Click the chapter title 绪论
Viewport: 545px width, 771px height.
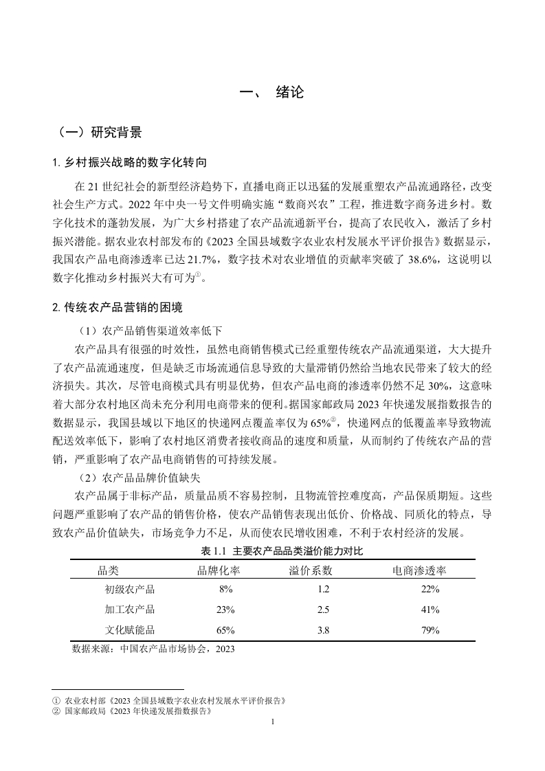pyautogui.click(x=289, y=92)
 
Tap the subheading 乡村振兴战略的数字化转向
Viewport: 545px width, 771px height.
pyautogui.click(x=134, y=163)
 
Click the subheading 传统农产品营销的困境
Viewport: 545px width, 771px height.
pyautogui.click(x=123, y=307)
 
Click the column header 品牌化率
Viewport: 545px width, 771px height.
pyautogui.click(x=219, y=570)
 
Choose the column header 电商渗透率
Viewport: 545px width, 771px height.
pyautogui.click(x=419, y=570)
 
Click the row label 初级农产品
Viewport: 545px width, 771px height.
pyautogui.click(x=130, y=590)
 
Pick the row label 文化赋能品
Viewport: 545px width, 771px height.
pyautogui.click(x=130, y=629)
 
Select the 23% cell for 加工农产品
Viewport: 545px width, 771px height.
pyautogui.click(x=225, y=610)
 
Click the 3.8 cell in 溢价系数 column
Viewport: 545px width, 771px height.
pyautogui.click(x=324, y=629)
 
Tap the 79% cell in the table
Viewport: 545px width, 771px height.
pyautogui.click(x=430, y=629)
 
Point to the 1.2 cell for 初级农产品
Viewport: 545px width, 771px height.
pyautogui.click(x=324, y=590)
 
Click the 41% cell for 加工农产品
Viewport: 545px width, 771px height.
pyautogui.click(x=430, y=610)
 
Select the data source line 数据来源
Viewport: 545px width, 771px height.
pyautogui.click(x=153, y=648)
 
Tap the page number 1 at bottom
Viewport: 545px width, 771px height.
pyautogui.click(x=273, y=722)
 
